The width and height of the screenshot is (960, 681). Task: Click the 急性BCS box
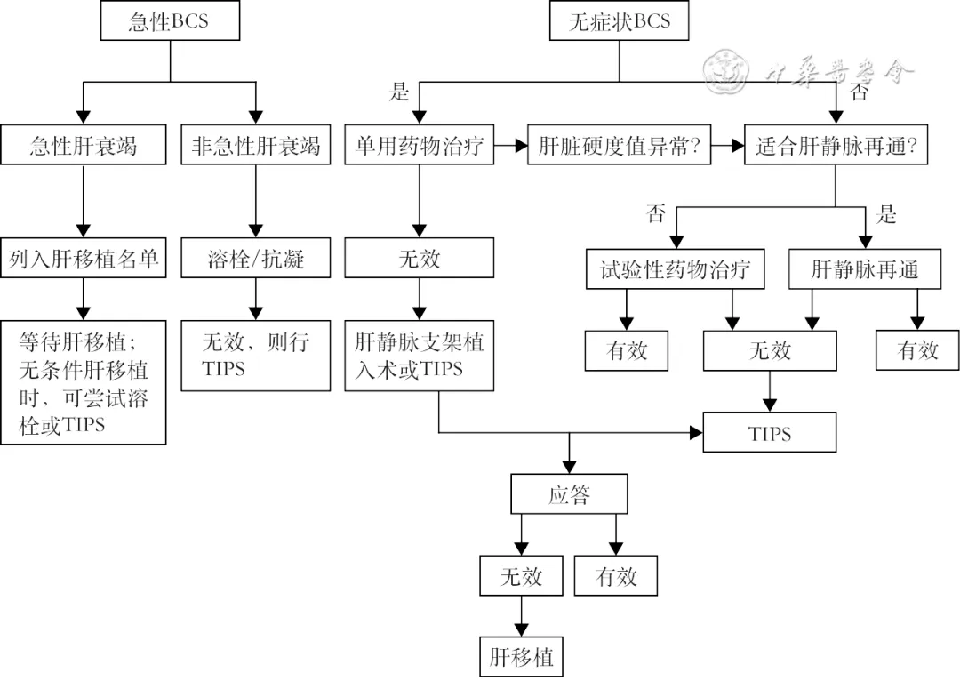click(x=170, y=21)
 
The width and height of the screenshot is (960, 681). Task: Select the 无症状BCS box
click(x=620, y=21)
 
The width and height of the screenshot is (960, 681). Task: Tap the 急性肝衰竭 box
click(x=83, y=146)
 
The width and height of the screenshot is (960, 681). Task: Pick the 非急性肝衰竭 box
click(x=256, y=146)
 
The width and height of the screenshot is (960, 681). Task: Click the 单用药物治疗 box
click(x=420, y=146)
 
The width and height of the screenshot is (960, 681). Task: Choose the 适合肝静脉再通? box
click(x=835, y=146)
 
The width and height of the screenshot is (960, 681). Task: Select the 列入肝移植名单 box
click(x=83, y=258)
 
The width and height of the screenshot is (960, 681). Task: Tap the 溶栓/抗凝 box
click(x=256, y=258)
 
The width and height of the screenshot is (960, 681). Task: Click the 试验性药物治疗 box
click(x=676, y=269)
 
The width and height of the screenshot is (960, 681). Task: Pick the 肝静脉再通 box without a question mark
click(x=865, y=269)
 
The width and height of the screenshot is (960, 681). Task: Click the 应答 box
click(x=569, y=494)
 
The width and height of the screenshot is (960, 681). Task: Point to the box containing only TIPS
click(x=770, y=433)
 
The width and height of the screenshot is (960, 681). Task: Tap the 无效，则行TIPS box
click(x=256, y=355)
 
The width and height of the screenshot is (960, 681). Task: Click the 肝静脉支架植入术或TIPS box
click(x=420, y=355)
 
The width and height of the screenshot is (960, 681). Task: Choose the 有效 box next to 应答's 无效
click(x=616, y=576)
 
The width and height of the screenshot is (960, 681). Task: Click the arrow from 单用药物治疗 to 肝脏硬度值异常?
click(x=511, y=146)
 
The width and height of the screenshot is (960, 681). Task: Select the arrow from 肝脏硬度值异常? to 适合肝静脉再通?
click(x=728, y=146)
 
